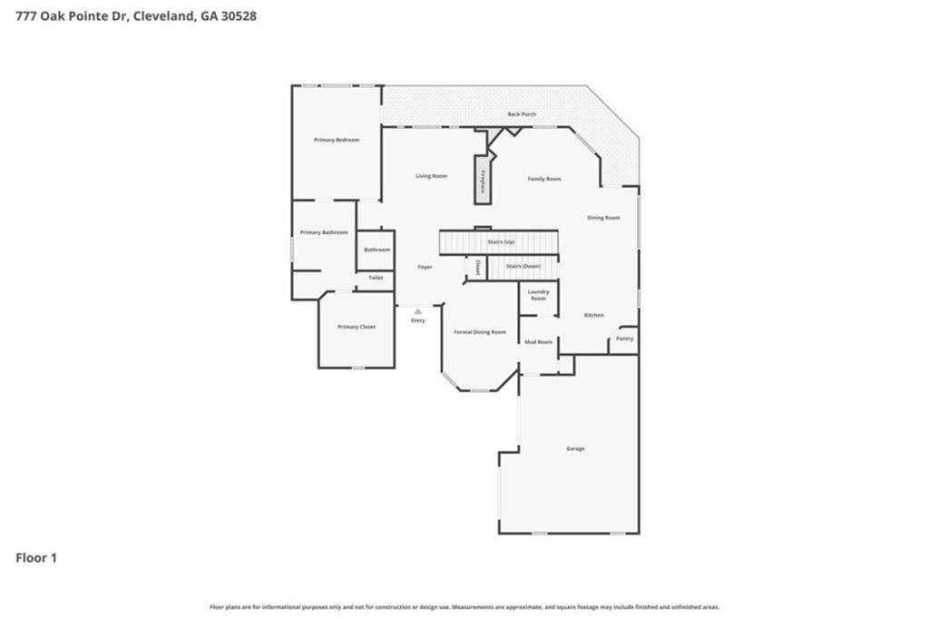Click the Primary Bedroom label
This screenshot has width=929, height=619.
tap(337, 140)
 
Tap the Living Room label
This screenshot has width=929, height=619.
tap(431, 176)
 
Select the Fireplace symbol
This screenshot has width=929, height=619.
tap(484, 180)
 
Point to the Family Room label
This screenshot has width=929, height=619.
tap(544, 179)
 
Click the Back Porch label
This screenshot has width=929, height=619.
tap(522, 114)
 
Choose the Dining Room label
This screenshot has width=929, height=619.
tap(603, 218)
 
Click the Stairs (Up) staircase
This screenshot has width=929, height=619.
tap(498, 242)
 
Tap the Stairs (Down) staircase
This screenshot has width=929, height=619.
tap(523, 266)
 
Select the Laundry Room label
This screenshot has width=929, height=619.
tap(538, 295)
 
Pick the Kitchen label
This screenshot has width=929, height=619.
tap(593, 315)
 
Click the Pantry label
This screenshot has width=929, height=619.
tap(624, 339)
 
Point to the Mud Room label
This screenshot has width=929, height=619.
tap(538, 342)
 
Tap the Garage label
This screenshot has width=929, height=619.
tap(575, 448)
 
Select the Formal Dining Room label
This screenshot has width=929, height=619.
tap(480, 332)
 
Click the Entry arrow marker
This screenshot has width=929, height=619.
tap(417, 311)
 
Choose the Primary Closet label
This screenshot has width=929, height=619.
tap(356, 327)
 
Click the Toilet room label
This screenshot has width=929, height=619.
tap(376, 278)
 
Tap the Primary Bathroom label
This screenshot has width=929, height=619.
tap(324, 232)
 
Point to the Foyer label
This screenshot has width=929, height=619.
tap(425, 267)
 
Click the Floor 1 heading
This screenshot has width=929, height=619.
tap(36, 558)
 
